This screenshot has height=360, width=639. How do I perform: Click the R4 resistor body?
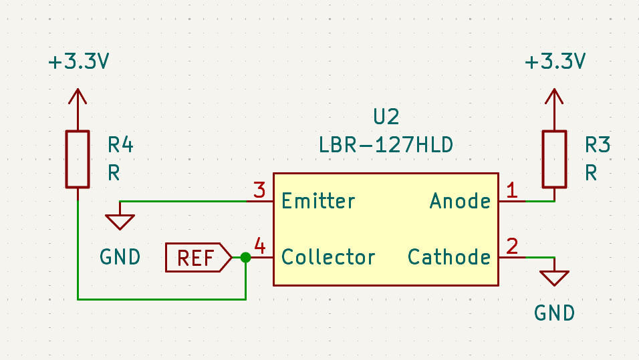[x=78, y=159]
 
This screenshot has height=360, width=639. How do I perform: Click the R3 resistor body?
[x=554, y=159]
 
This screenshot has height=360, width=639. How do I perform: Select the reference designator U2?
[x=386, y=118]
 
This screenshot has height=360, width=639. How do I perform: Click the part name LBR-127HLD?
[x=386, y=145]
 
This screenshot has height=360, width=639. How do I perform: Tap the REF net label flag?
[x=199, y=257]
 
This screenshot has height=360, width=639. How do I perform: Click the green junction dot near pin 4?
[x=246, y=257]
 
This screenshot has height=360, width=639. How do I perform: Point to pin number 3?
[x=259, y=190]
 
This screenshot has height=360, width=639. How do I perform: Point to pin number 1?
[x=512, y=190]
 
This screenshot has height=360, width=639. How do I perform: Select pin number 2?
[x=512, y=246]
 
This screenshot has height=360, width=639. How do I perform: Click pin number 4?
[x=259, y=246]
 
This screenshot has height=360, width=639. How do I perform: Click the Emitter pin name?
[x=318, y=201]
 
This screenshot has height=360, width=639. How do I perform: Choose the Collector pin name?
[x=328, y=257]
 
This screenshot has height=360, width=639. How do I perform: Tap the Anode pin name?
[x=460, y=201]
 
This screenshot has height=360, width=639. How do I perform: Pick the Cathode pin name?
[x=449, y=257]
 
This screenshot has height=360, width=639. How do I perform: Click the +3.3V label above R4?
[x=79, y=61]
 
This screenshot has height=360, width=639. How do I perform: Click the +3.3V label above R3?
[x=555, y=61]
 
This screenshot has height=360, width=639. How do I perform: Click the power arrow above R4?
[x=78, y=109]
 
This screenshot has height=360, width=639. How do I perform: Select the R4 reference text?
[x=120, y=145]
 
